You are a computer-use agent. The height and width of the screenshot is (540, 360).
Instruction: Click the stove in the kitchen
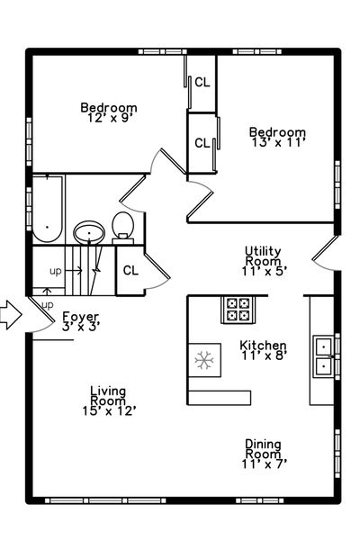tap(238, 310)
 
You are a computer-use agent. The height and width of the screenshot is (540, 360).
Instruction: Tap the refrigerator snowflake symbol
tap(204, 360)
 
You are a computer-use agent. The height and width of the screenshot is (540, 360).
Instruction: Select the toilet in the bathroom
tap(123, 228)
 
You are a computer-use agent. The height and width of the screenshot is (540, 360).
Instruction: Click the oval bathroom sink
tap(89, 232)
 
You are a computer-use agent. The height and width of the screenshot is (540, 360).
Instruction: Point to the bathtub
tap(47, 210)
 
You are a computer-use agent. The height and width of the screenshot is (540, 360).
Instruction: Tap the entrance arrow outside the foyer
tap(10, 314)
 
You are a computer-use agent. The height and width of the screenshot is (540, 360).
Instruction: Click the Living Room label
tap(108, 396)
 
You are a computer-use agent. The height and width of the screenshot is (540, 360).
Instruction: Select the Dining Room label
tap(263, 449)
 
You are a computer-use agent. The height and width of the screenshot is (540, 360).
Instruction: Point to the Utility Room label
tap(263, 256)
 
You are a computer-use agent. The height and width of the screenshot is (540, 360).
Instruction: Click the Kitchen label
tap(263, 345)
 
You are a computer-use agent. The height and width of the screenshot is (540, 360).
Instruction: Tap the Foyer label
tap(81, 316)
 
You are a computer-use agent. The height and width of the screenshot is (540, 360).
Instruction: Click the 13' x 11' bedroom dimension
tap(278, 142)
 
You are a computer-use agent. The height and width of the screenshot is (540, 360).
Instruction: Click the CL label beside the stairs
tap(130, 271)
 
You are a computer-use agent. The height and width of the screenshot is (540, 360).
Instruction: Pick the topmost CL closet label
tap(202, 82)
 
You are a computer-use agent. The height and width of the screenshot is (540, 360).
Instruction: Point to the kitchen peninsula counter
tap(220, 398)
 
